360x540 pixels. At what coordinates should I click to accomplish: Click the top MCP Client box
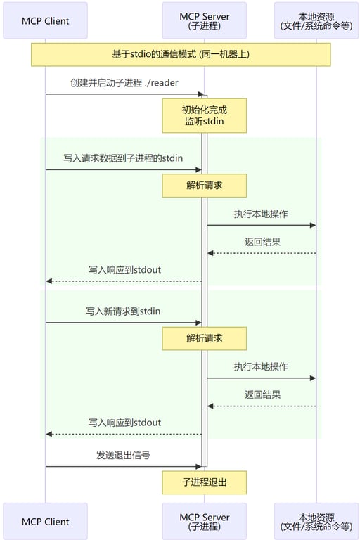pyautogui.click(x=46, y=20)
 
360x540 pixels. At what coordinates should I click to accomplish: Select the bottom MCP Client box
pyautogui.click(x=46, y=521)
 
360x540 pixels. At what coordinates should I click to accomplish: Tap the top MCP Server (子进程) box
pyautogui.click(x=205, y=20)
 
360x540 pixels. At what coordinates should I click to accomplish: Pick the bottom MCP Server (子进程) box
pyautogui.click(x=205, y=521)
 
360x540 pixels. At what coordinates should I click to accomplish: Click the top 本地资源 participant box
pyautogui.click(x=316, y=20)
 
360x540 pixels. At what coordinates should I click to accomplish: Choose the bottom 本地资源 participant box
pyautogui.click(x=316, y=521)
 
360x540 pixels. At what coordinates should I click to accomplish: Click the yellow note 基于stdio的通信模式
pyautogui.click(x=181, y=54)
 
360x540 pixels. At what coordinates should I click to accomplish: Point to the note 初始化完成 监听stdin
pyautogui.click(x=205, y=115)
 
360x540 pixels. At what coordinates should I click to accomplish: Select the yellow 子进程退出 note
pyautogui.click(x=205, y=482)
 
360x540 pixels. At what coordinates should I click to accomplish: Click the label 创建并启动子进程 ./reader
pyautogui.click(x=124, y=83)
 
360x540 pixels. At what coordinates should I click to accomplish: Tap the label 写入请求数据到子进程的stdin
pyautogui.click(x=123, y=158)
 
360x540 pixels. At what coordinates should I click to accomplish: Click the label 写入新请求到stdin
pyautogui.click(x=123, y=311)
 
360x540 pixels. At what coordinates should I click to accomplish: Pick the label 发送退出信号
pyautogui.click(x=123, y=455)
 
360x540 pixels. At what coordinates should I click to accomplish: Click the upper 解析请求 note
pyautogui.click(x=205, y=186)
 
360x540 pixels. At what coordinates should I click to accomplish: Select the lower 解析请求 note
pyautogui.click(x=205, y=338)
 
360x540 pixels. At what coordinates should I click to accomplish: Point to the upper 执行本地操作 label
pyautogui.click(x=261, y=214)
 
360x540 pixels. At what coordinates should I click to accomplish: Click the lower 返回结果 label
pyautogui.click(x=262, y=394)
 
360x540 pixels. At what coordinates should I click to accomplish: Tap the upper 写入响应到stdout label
pyautogui.click(x=124, y=269)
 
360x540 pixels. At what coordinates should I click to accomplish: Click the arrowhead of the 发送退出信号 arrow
pyautogui.click(x=200, y=466)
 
